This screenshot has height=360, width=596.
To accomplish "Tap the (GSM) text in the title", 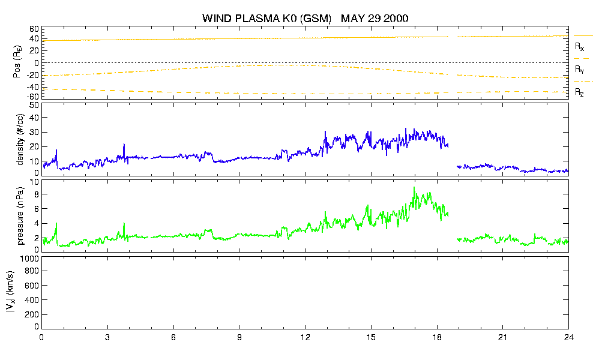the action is pos(316,19).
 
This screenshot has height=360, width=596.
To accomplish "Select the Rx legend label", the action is pos(579,47).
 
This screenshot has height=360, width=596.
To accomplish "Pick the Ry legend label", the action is pos(579,70).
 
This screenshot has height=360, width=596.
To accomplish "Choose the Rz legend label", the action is pos(579,92).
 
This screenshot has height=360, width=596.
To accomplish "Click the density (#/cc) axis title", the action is pos(20,140).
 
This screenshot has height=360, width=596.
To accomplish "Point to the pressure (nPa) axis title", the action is pos(20,216).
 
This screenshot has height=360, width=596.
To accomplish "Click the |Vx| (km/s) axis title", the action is pos(11,292).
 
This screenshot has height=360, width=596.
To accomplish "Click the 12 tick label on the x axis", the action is pos(305,337).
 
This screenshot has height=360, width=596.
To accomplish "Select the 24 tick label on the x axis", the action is pos(568,337).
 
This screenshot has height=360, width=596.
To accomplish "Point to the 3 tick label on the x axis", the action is pos(107,337).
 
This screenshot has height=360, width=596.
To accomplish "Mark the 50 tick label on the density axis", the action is pos(34,106).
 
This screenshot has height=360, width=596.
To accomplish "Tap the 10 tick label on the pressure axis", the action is pos(34,182).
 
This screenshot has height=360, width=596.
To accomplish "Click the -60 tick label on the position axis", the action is pos(32,97).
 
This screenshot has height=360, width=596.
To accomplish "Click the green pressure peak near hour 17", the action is pos(414,187).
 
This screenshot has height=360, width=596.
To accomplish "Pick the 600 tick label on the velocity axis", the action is pos(32,286).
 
